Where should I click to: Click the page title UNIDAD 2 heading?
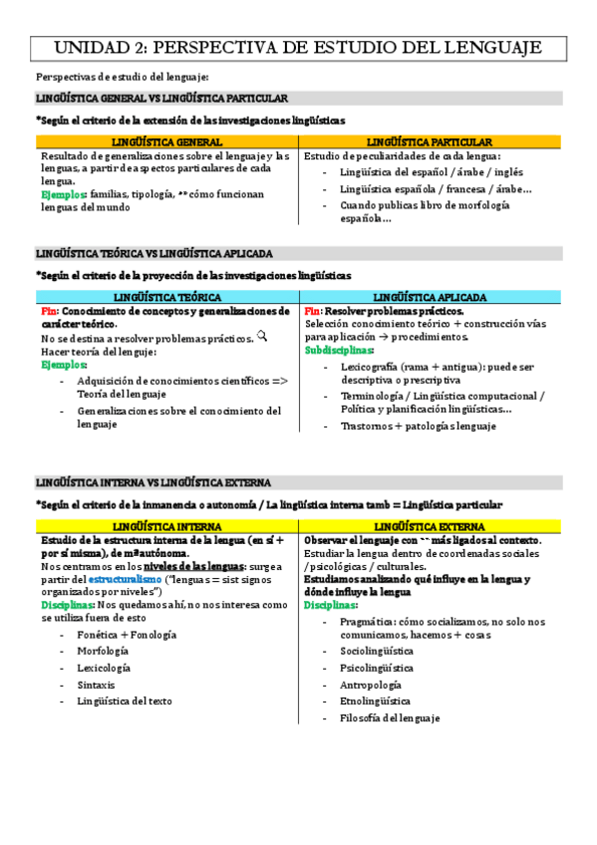coord(297,47)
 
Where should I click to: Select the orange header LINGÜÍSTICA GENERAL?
coord(166,142)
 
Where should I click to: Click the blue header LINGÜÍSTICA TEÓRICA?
coord(166,297)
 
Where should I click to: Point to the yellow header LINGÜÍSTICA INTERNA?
coord(166,526)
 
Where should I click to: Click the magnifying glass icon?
coord(262,337)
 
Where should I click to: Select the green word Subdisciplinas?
coord(340,350)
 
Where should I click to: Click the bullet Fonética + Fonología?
coord(127,634)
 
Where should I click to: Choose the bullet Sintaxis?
coord(96,685)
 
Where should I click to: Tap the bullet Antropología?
coord(371,685)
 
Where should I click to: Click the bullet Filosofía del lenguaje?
coord(389,717)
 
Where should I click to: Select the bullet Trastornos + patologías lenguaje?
coord(417,425)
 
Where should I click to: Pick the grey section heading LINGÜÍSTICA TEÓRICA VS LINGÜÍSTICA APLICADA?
coord(153,254)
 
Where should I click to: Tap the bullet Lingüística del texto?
coord(125,701)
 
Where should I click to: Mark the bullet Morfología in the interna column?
coord(103,651)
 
